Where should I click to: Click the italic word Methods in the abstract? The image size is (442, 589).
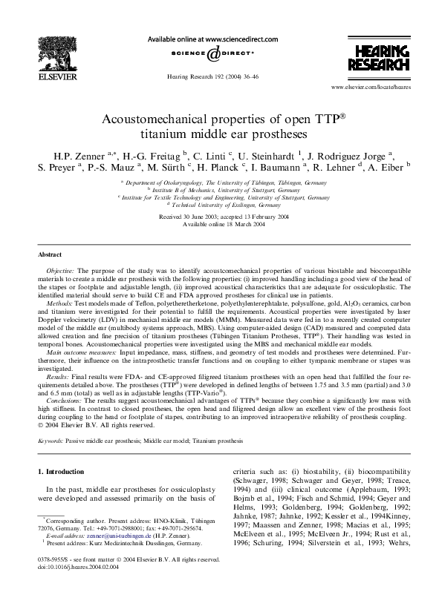[59, 304]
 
